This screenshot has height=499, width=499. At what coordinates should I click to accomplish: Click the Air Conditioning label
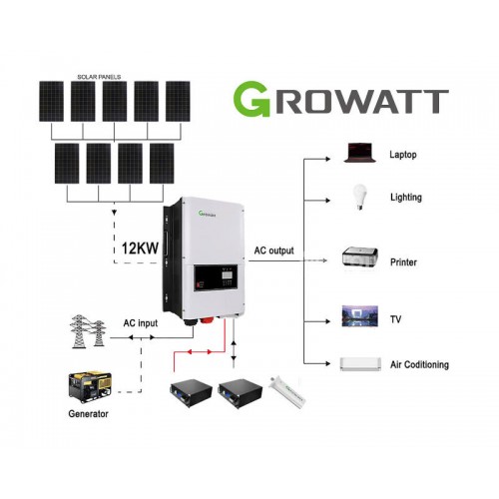[x=420, y=364]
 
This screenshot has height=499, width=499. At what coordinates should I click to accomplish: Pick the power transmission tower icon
[x=86, y=331]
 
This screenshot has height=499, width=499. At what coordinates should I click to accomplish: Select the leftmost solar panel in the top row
[x=53, y=103]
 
